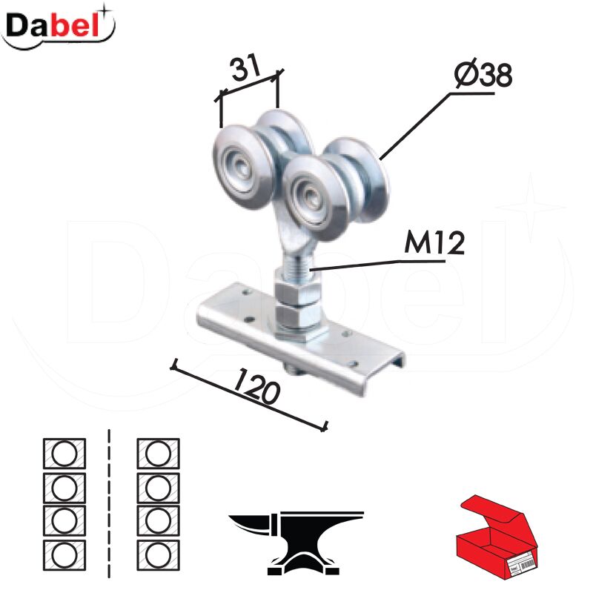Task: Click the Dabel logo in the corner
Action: coord(59,26)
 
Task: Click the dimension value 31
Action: coord(245,68)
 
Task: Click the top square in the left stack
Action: coord(64,453)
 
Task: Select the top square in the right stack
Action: coord(159,453)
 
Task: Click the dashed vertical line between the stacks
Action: coord(109,504)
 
